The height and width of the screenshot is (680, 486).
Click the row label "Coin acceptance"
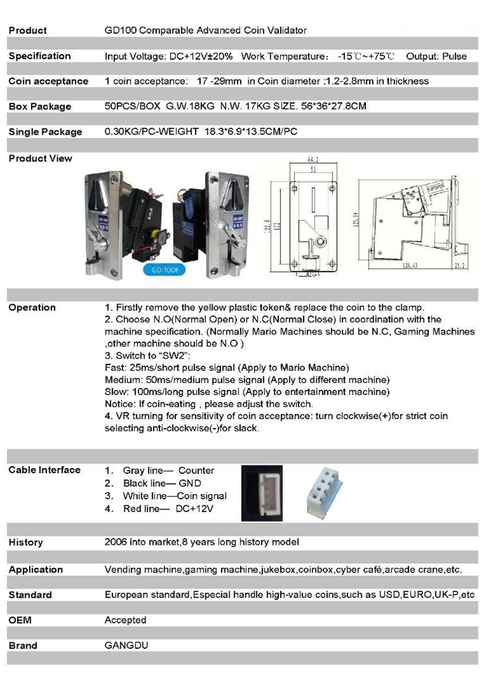tap(48, 81)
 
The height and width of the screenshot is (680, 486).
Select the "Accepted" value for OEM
tap(126, 620)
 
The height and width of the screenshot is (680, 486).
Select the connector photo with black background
tap(262, 493)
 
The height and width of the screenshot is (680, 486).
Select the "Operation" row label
tap(32, 307)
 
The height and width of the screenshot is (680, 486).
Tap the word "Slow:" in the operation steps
tap(116, 392)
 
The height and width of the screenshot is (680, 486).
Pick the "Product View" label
tap(40, 159)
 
